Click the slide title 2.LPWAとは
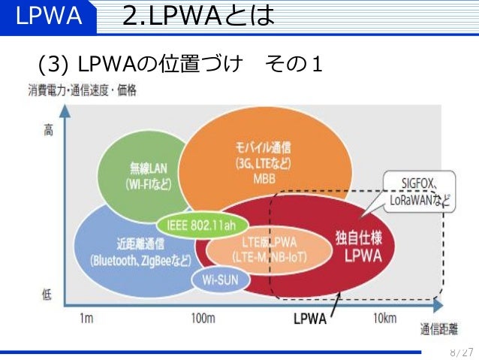pyautogui.click(x=198, y=15)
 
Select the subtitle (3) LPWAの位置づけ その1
pyautogui.click(x=180, y=64)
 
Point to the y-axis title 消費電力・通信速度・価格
pyautogui.click(x=83, y=91)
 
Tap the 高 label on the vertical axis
pyautogui.click(x=48, y=131)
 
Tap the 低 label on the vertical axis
pyautogui.click(x=47, y=294)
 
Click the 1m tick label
pyautogui.click(x=86, y=319)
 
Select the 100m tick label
pyautogui.click(x=203, y=319)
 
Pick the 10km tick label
pyautogui.click(x=384, y=319)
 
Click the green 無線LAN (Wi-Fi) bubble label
pyautogui.click(x=150, y=175)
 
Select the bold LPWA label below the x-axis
pyautogui.click(x=309, y=319)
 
